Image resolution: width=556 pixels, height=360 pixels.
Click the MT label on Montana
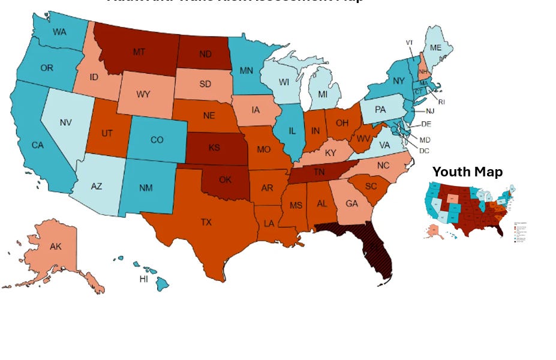pos(139,52)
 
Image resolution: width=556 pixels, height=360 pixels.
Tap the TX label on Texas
pos(206,222)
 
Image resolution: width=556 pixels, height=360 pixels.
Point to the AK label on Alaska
pos(56,247)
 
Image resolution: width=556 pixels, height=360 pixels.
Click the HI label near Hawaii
pos(144,280)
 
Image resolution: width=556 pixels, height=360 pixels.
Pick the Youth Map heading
pos(467,172)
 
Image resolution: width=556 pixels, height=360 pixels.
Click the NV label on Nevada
pos(66,123)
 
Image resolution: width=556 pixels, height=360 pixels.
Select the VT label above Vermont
pos(410,43)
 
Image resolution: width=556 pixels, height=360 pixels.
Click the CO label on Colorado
pos(157,140)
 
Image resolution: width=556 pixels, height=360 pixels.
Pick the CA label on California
pos(37,145)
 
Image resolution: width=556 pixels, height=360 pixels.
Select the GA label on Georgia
pos(351,203)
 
